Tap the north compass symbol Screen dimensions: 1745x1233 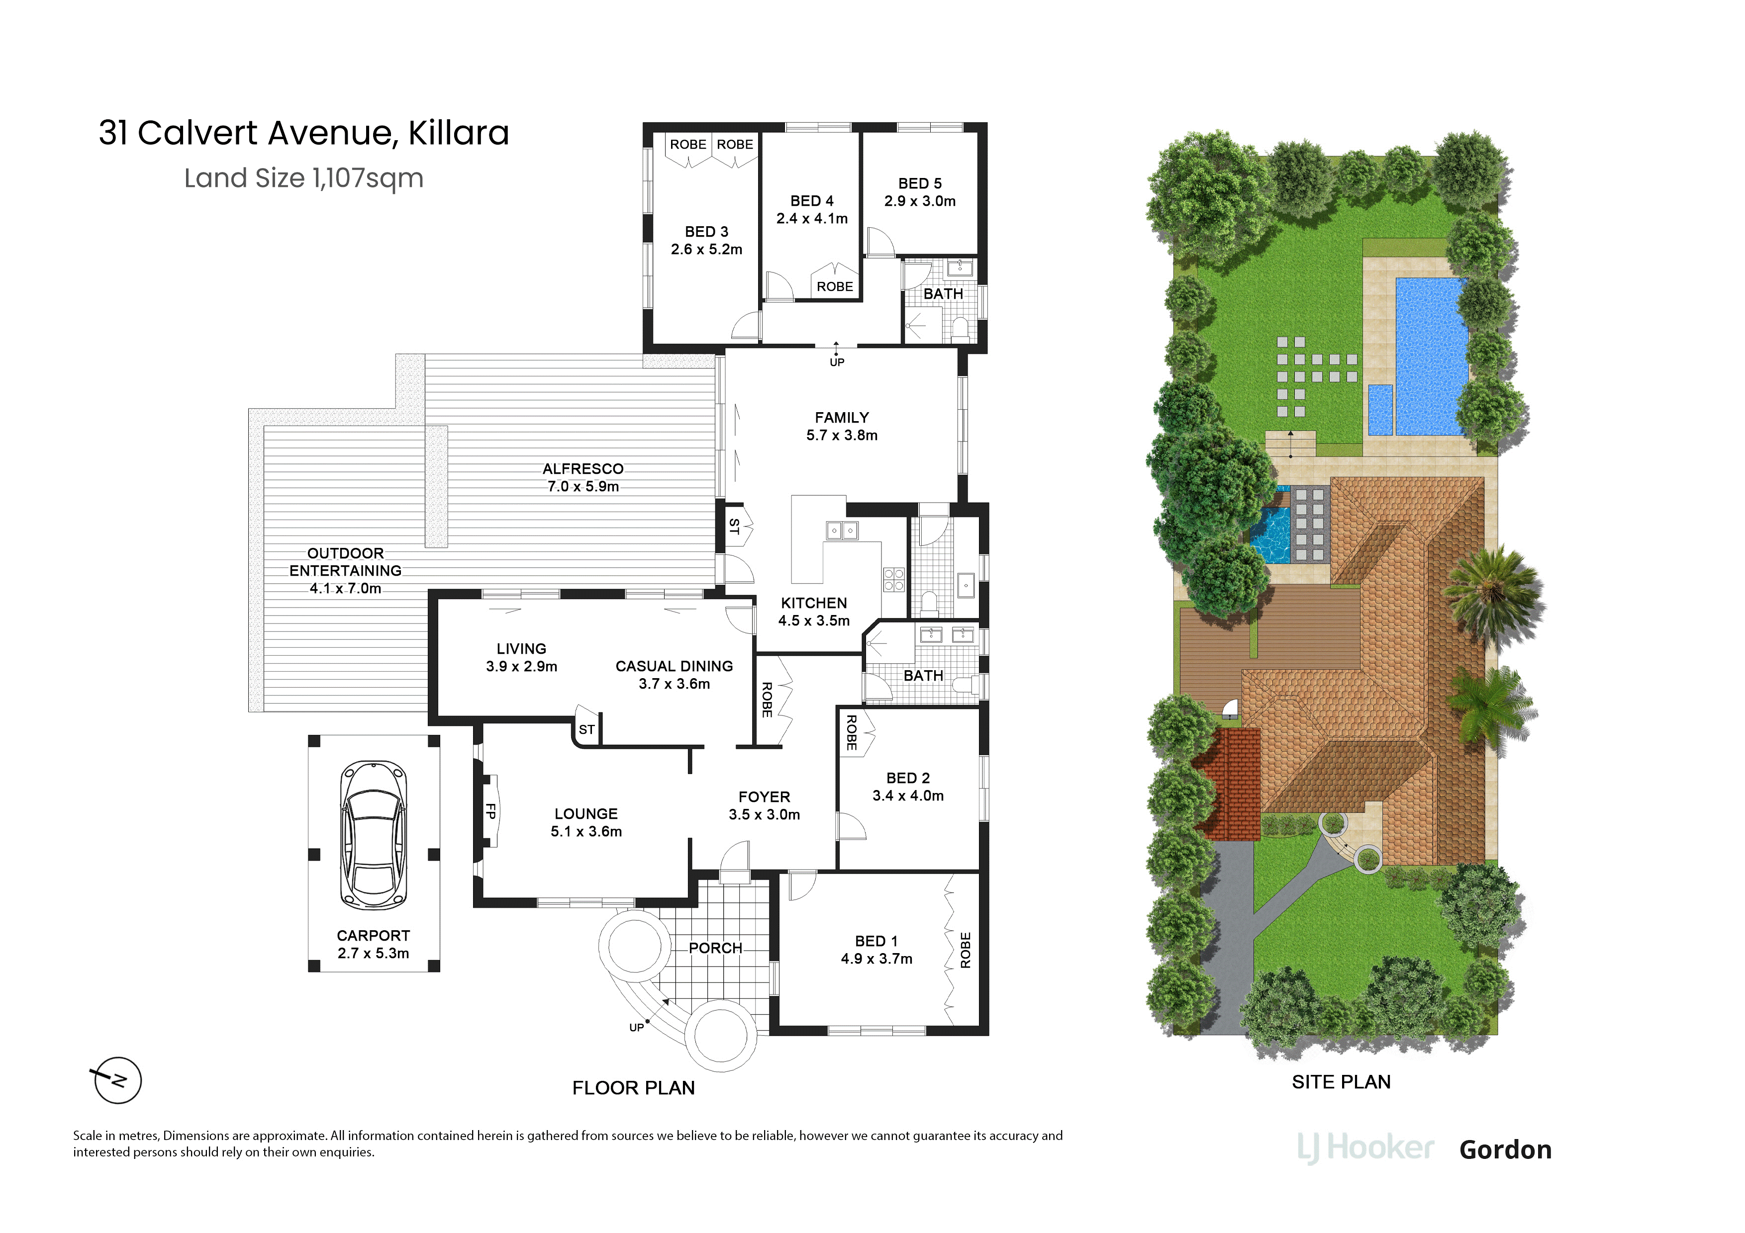(x=117, y=1079)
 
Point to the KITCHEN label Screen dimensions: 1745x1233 (x=814, y=603)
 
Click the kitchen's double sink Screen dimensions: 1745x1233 (x=842, y=530)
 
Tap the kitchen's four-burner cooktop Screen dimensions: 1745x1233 (x=894, y=580)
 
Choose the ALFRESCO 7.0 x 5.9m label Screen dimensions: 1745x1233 (x=583, y=478)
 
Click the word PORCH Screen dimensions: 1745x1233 (x=715, y=948)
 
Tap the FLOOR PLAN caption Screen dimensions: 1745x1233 (x=634, y=1088)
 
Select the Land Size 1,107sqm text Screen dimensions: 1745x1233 (x=304, y=178)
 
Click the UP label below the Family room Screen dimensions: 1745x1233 (x=837, y=362)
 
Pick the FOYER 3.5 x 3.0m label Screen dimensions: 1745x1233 (x=765, y=806)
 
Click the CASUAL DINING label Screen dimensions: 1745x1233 (x=674, y=666)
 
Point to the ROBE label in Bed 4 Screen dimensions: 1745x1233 (x=835, y=286)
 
